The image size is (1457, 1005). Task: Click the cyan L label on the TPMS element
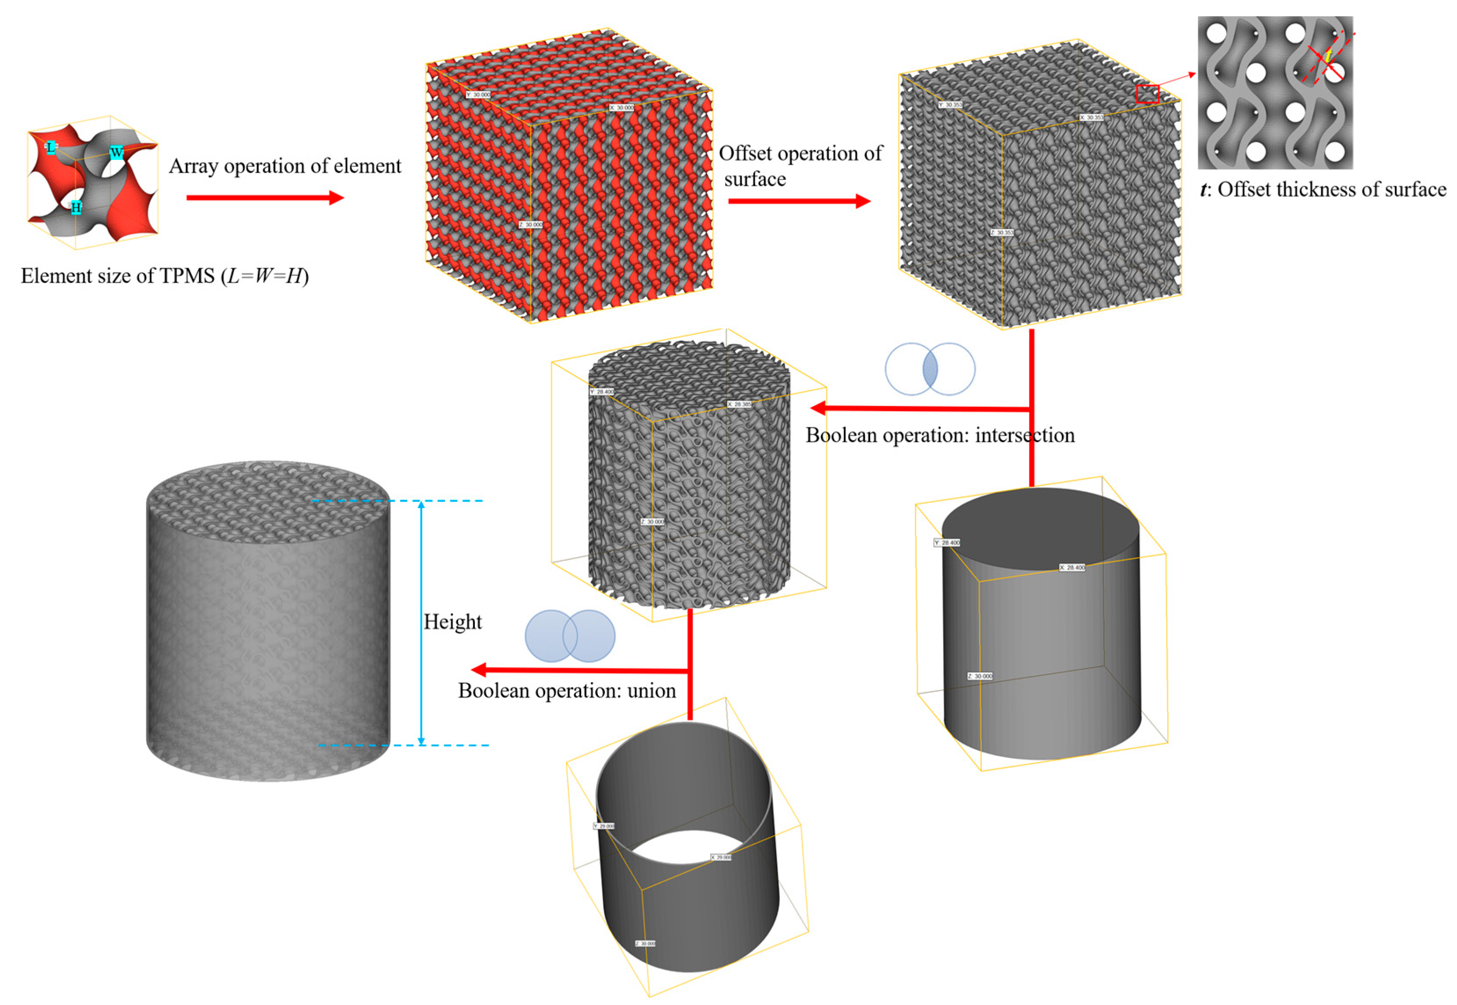51,147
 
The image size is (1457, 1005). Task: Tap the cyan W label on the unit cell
116,152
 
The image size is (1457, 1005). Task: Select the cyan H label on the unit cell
76,207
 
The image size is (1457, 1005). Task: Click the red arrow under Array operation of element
264,198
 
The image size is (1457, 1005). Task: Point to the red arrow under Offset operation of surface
799,201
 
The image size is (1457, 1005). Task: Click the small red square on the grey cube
1147,94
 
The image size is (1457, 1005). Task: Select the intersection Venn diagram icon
929,369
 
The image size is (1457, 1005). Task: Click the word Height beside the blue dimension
452,622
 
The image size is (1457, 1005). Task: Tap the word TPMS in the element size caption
187,276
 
